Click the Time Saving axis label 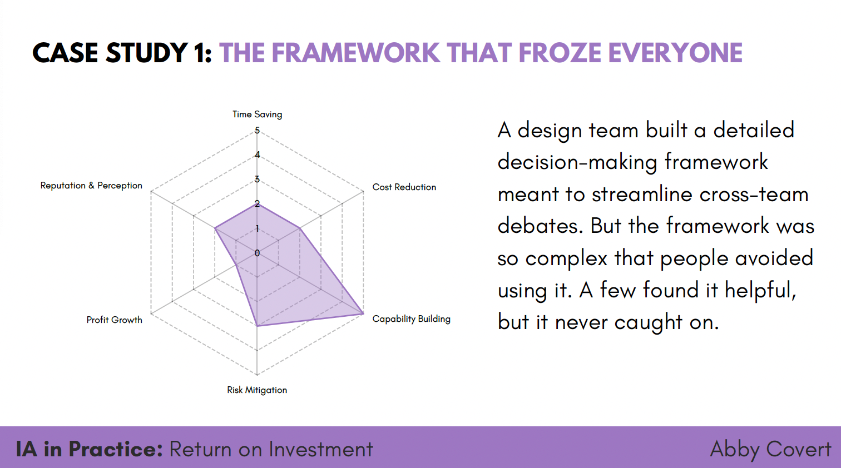pos(257,114)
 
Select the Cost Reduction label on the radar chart pos(404,187)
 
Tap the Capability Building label pos(411,319)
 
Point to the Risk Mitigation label pos(257,390)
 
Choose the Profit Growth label pos(115,320)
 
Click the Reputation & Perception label pos(91,186)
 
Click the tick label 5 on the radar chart pos(257,130)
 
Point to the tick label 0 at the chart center pos(257,253)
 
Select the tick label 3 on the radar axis pos(257,180)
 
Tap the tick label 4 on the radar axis pos(257,155)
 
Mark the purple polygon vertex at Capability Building pos(363,313)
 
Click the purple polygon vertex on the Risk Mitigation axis pos(257,326)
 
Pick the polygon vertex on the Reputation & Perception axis pos(214,228)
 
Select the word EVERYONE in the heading pos(675,53)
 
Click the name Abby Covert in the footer pos(770,450)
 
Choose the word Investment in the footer pos(321,449)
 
